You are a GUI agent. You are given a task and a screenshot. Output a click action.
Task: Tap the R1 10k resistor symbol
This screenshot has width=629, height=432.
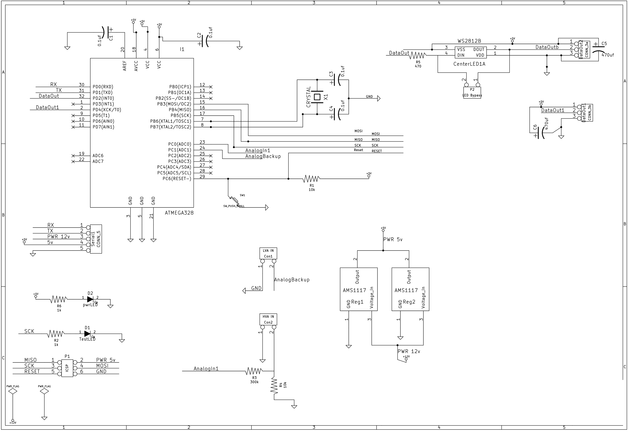(x=312, y=179)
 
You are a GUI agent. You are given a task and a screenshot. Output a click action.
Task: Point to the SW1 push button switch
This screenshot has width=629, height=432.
(x=234, y=200)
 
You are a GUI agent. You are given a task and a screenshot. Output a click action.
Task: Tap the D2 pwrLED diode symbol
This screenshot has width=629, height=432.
(x=90, y=299)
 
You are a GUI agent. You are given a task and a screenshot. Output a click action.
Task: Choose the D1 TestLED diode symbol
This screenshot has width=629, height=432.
(x=87, y=334)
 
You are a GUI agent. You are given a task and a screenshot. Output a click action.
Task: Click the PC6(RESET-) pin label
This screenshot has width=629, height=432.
(x=177, y=179)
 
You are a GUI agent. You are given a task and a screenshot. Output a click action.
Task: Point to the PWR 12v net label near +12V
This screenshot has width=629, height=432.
(x=409, y=351)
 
